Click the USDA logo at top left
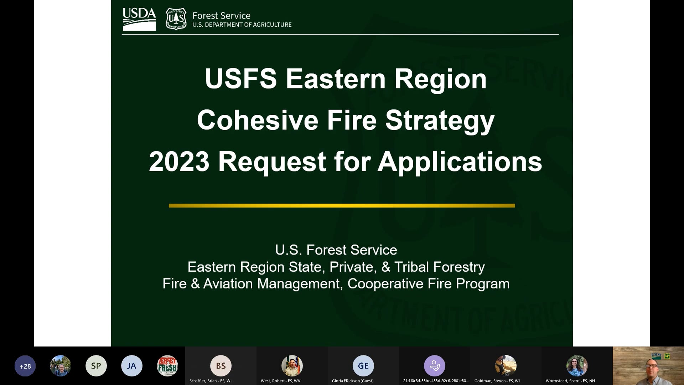click(139, 19)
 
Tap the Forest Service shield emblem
click(176, 19)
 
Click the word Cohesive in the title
click(257, 120)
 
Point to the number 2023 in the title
click(179, 161)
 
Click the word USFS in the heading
click(241, 79)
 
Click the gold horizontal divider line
click(342, 206)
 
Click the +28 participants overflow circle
click(25, 366)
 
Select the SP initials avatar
click(96, 366)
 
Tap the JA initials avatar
click(132, 366)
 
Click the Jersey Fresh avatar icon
click(167, 366)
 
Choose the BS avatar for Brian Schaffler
click(221, 366)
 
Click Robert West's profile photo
click(292, 365)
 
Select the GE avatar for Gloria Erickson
click(363, 366)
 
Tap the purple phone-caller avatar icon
click(434, 366)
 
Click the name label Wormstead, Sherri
click(570, 381)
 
